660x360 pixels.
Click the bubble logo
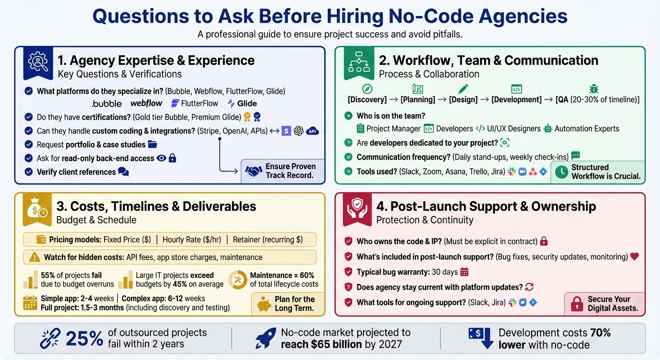[x=107, y=104]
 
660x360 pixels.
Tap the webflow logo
[x=146, y=103]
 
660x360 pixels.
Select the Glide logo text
[x=247, y=104]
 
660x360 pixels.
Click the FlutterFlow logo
[x=195, y=104]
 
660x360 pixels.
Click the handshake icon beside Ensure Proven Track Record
[x=254, y=171]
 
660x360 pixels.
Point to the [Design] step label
[x=463, y=99]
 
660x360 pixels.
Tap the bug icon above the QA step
[x=593, y=89]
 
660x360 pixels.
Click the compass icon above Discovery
[x=367, y=89]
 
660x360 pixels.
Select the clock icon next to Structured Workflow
[x=561, y=172]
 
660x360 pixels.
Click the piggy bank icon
[x=264, y=304]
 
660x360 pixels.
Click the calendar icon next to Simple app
[x=30, y=303]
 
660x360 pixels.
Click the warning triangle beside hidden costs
[x=34, y=257]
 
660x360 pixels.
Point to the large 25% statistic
[x=84, y=338]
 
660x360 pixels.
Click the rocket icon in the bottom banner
[x=265, y=338]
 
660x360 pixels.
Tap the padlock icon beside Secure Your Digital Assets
[x=577, y=304]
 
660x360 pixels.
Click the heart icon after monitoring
[x=635, y=256]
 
